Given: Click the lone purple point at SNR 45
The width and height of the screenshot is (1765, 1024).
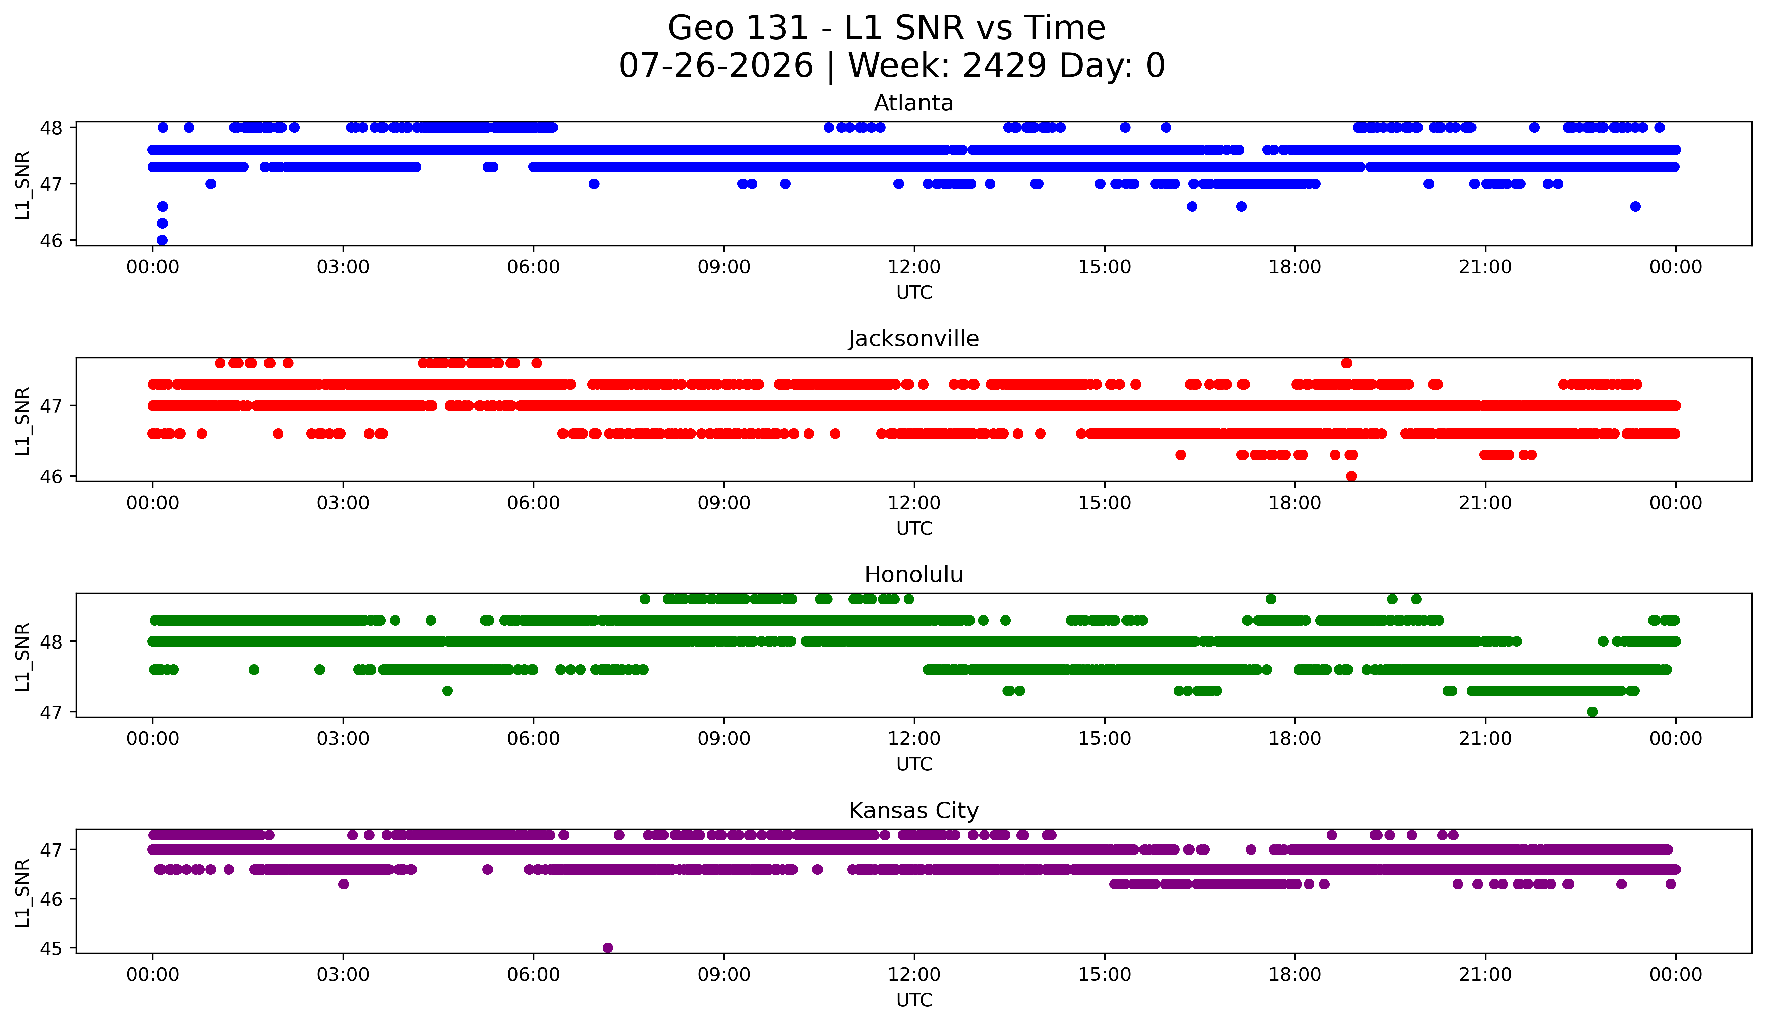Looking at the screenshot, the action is coord(608,948).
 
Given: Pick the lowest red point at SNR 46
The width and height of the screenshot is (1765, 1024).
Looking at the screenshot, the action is coord(1352,476).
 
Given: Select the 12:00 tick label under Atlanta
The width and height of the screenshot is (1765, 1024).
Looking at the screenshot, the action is coord(914,267).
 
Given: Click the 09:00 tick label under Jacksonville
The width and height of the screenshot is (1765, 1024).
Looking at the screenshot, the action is coord(724,503).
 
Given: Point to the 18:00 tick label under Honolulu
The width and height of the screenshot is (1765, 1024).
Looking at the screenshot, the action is coord(1295,739).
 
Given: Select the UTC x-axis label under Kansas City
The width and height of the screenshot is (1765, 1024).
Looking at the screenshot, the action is coord(914,1000).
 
